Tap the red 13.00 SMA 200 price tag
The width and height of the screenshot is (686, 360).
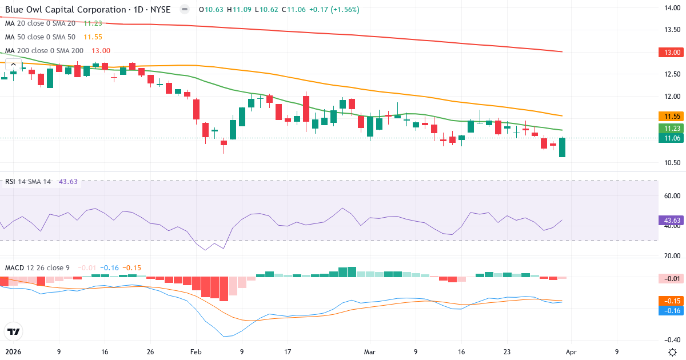pos(671,52)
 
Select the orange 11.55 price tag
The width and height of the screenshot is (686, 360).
pos(671,116)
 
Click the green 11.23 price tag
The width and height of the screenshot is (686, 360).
pos(671,128)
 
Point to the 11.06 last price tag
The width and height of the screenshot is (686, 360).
pos(671,138)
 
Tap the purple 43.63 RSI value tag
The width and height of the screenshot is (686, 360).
pos(671,220)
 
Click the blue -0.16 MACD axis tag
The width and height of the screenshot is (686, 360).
pos(671,310)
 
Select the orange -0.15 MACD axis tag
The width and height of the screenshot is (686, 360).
pos(671,301)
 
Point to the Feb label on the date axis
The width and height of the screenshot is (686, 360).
pos(196,352)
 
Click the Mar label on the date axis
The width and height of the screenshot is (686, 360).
pos(370,352)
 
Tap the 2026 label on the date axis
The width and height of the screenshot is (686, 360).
pos(13,352)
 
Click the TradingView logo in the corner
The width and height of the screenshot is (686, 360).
pos(13,331)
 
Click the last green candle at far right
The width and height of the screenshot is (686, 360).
pos(562,147)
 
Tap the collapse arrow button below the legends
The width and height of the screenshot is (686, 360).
pos(13,65)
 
